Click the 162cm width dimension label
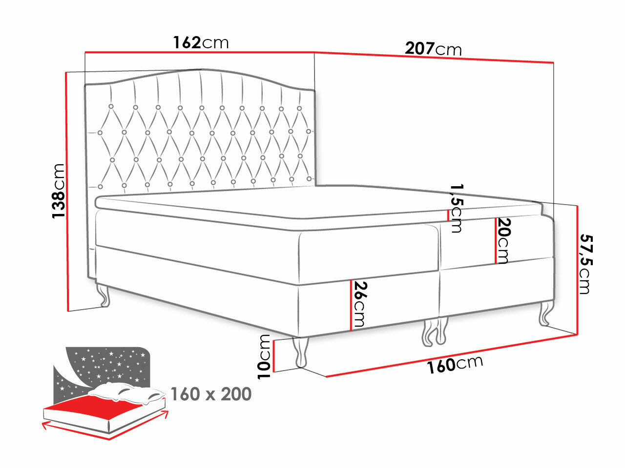pyautogui.click(x=201, y=43)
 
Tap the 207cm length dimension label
pyautogui.click(x=433, y=49)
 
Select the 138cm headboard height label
pyautogui.click(x=59, y=190)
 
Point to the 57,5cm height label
pyautogui.click(x=585, y=264)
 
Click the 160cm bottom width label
pyautogui.click(x=455, y=364)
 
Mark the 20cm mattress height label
pyautogui.click(x=504, y=240)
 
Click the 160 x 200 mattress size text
pyautogui.click(x=211, y=394)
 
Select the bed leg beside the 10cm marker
pyautogui.click(x=301, y=351)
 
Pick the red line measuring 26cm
pyautogui.click(x=351, y=305)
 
